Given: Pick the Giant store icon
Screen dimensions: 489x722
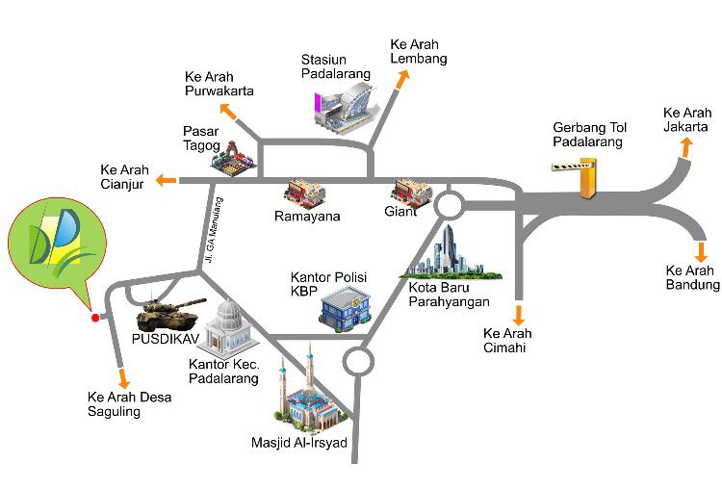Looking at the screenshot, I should pos(409,192).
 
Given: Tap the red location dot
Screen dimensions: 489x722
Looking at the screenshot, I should pos(94,318).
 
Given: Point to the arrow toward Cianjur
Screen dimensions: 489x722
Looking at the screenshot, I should pos(166,180).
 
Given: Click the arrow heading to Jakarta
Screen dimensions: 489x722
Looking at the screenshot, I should pos(686,146).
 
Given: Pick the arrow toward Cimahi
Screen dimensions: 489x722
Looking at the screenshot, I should pos(519,314).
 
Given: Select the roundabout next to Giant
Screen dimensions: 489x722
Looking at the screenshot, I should pos(448,205).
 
